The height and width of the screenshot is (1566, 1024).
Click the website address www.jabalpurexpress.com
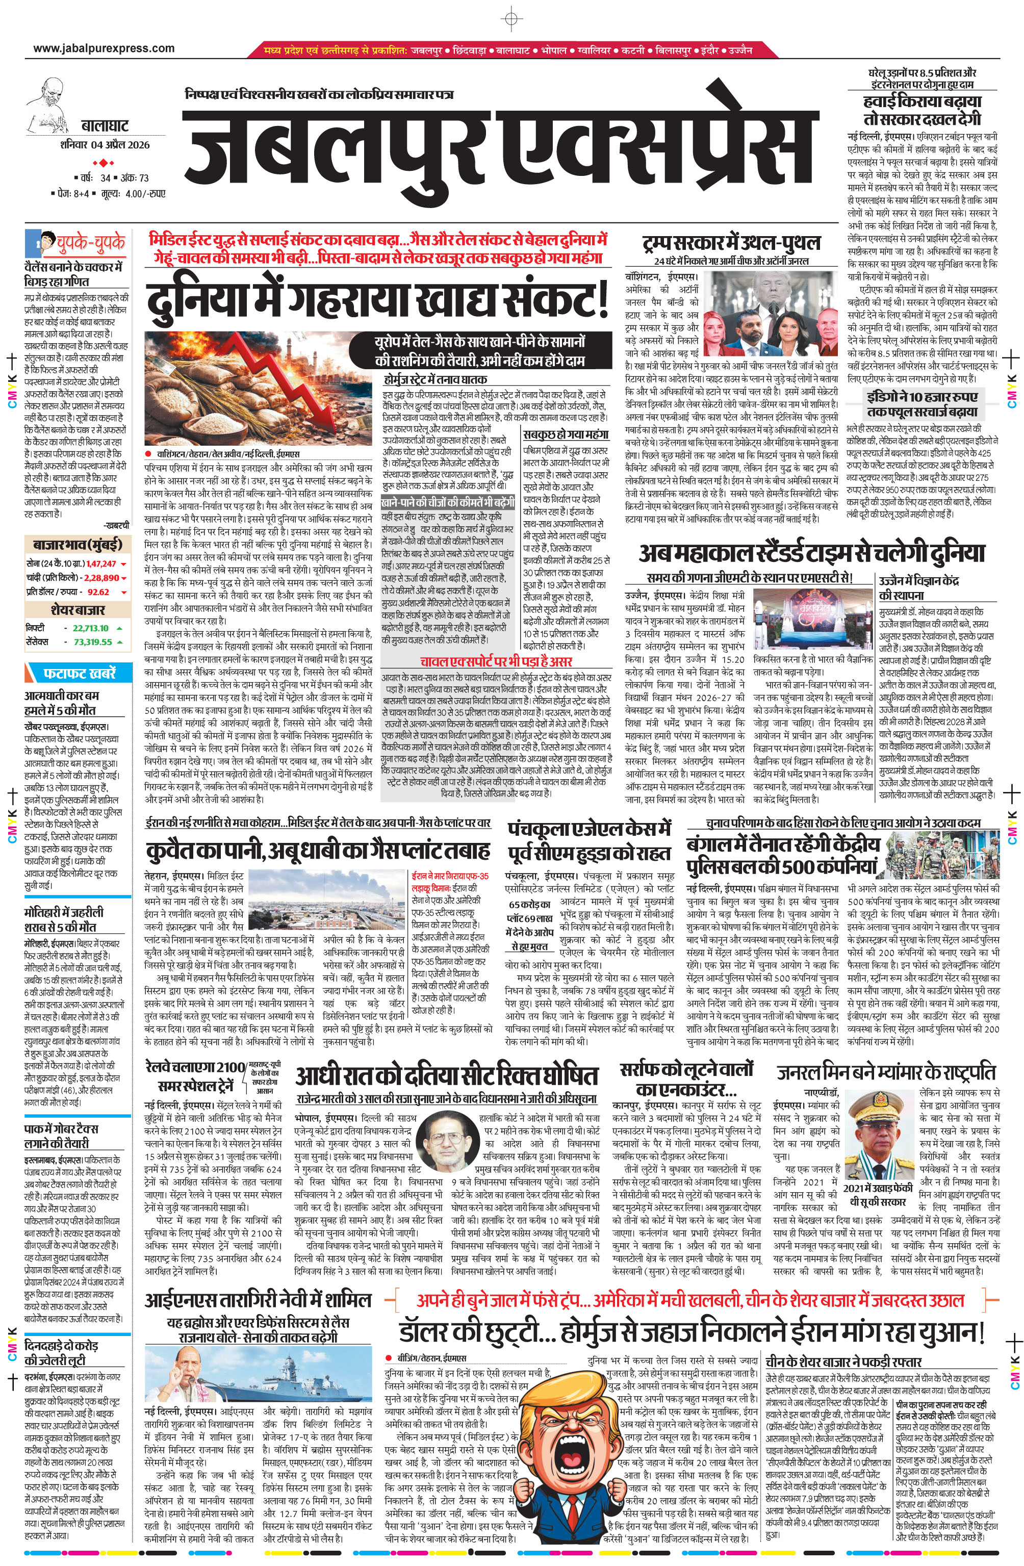(x=104, y=48)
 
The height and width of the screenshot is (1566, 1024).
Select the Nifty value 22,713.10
(x=91, y=628)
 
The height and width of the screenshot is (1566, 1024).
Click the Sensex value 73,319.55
(x=92, y=641)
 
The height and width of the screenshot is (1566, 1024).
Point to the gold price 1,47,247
(x=100, y=563)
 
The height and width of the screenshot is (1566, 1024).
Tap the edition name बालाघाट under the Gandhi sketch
(x=105, y=125)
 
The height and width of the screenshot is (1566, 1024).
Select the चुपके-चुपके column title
(x=91, y=243)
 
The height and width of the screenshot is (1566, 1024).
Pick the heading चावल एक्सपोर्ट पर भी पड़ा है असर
(x=496, y=661)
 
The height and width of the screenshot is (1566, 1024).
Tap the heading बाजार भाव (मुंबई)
(x=77, y=544)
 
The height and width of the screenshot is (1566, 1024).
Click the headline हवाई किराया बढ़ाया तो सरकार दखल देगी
(x=922, y=110)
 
